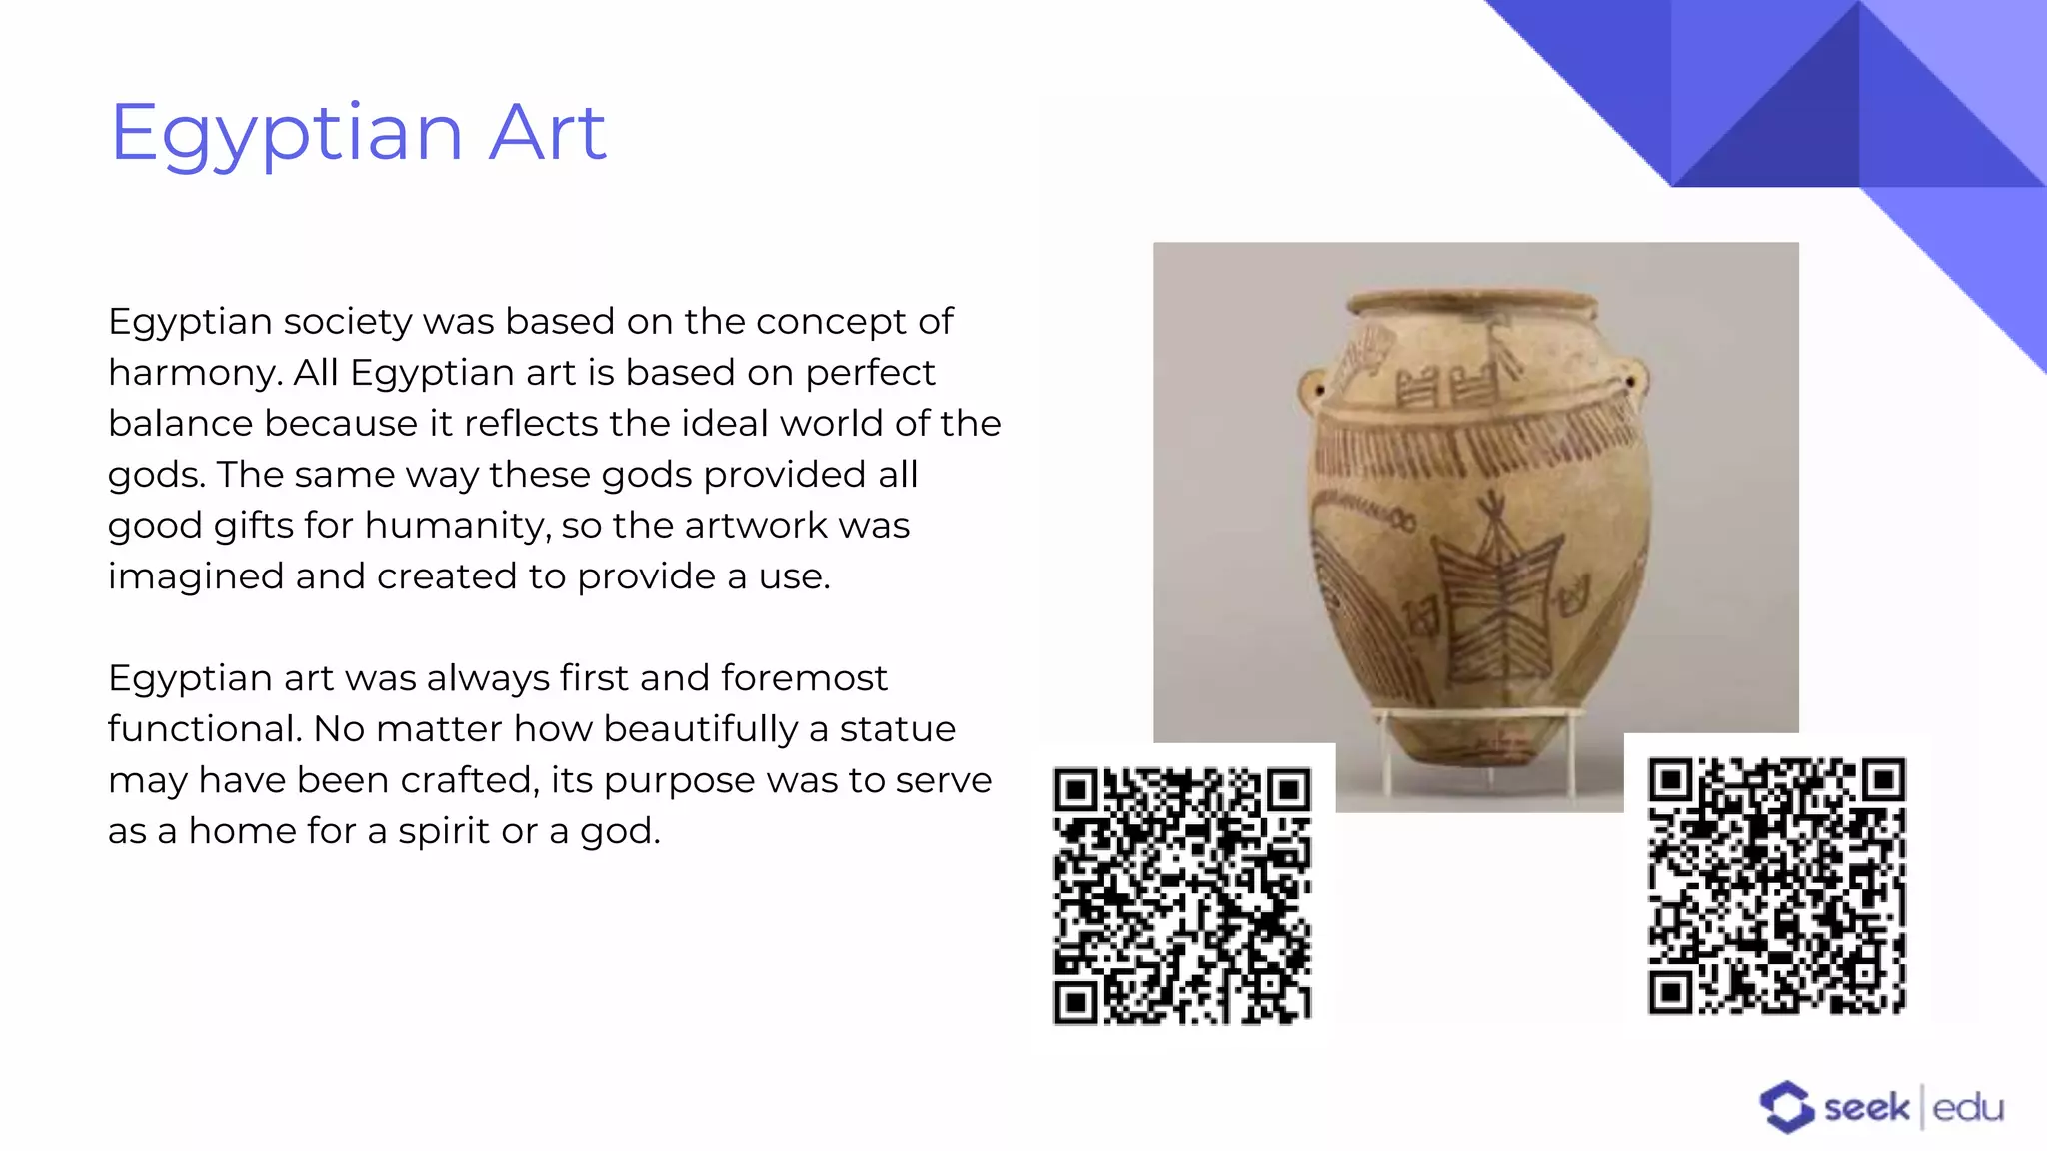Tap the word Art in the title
(x=547, y=133)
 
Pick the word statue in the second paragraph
(x=897, y=729)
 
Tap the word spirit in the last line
(x=450, y=831)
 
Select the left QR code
(x=1182, y=896)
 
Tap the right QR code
(x=1776, y=886)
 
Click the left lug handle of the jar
(x=1312, y=389)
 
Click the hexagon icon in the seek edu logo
(x=1786, y=1107)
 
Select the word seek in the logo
(x=1866, y=1108)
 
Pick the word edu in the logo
(x=1968, y=1108)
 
